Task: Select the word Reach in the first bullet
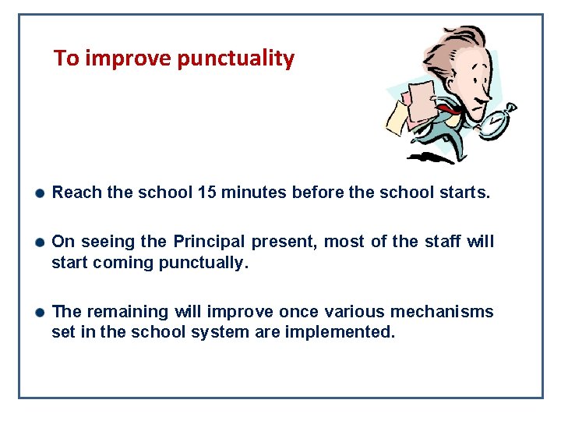click(76, 193)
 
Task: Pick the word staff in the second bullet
click(443, 242)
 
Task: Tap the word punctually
click(203, 263)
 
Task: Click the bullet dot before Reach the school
click(40, 193)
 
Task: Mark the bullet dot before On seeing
click(40, 242)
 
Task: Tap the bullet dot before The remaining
click(40, 313)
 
